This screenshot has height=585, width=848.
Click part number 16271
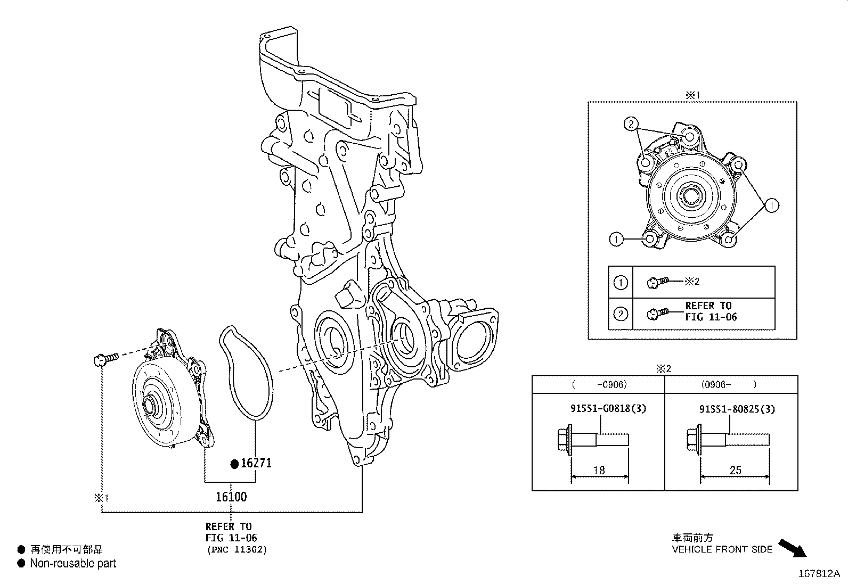tap(256, 463)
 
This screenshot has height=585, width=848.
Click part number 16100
tap(231, 497)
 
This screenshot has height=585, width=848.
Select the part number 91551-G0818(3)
tap(601, 409)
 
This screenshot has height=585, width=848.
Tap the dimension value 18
tap(599, 470)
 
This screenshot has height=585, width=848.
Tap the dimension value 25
tap(735, 470)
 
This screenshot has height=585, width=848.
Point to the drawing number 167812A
tap(818, 574)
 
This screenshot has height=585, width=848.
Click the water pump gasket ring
tap(246, 373)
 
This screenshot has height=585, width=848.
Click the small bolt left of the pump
tap(104, 360)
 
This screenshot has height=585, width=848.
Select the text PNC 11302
tap(237, 550)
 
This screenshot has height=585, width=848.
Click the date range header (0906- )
tap(730, 384)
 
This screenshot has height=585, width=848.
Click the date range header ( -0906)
tap(599, 384)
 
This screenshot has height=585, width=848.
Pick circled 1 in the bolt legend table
tap(621, 283)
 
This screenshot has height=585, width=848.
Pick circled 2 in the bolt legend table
tap(621, 314)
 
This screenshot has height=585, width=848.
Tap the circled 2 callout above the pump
tap(631, 125)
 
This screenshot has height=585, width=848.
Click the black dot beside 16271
tap(234, 464)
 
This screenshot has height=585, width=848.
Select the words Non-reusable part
tap(73, 563)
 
